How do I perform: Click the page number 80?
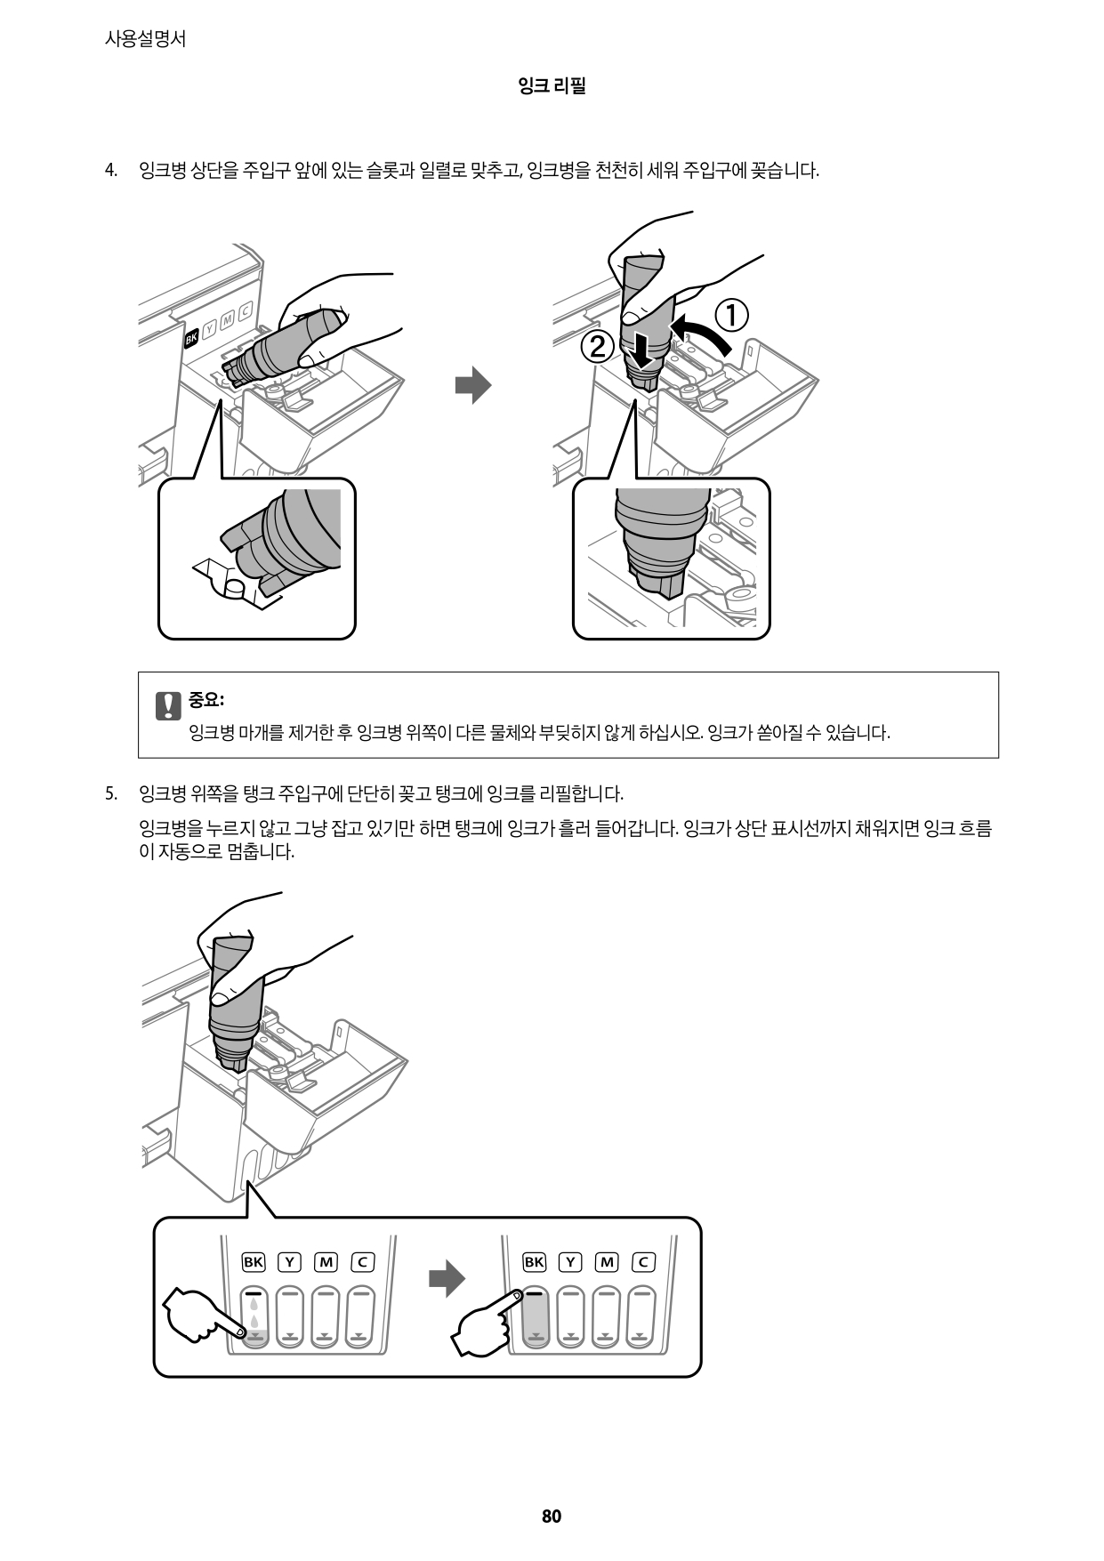pyautogui.click(x=551, y=1517)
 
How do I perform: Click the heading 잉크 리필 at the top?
pyautogui.click(x=551, y=86)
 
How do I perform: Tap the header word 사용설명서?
pyautogui.click(x=145, y=39)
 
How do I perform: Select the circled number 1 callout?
pyautogui.click(x=731, y=317)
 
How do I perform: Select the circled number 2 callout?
pyautogui.click(x=598, y=347)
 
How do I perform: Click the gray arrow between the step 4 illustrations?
pyautogui.click(x=473, y=384)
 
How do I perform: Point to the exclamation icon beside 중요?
pyautogui.click(x=167, y=704)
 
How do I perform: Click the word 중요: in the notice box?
pyautogui.click(x=206, y=700)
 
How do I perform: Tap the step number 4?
pyautogui.click(x=110, y=171)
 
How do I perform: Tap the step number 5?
pyautogui.click(x=110, y=793)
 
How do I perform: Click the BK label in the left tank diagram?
pyautogui.click(x=254, y=1261)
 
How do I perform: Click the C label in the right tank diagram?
pyautogui.click(x=643, y=1261)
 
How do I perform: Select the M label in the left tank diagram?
pyautogui.click(x=326, y=1261)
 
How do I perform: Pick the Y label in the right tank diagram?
pyautogui.click(x=570, y=1261)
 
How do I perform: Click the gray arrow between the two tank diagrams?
pyautogui.click(x=447, y=1279)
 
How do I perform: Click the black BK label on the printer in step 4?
pyautogui.click(x=191, y=338)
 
